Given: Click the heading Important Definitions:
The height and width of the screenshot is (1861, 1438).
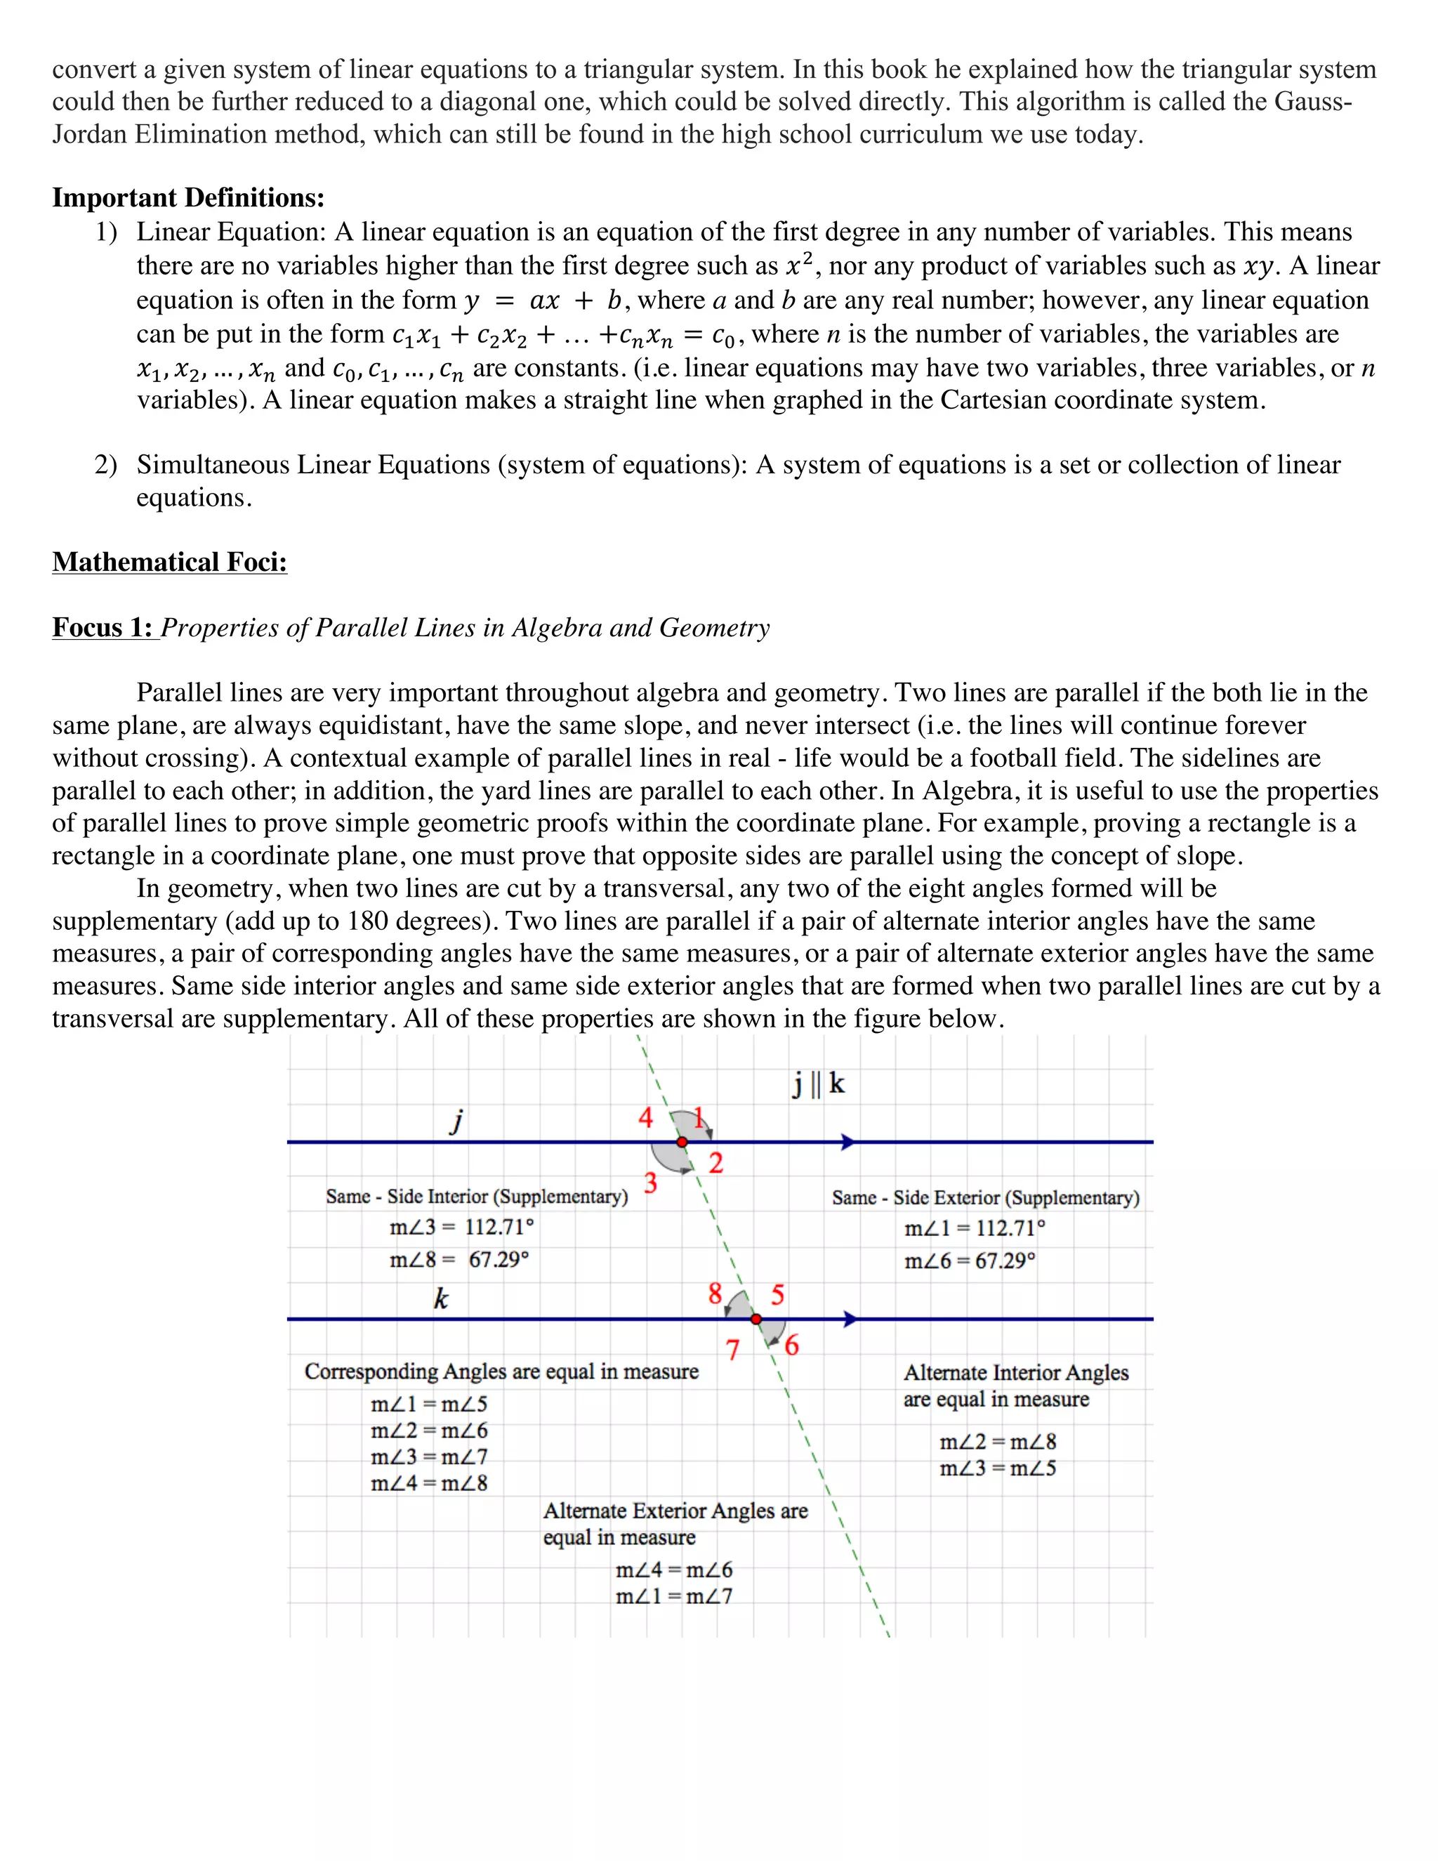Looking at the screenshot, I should pos(188,198).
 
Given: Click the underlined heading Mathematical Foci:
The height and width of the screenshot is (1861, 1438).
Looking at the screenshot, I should pos(169,563).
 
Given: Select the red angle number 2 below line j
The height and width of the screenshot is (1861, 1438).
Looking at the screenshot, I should pos(715,1163).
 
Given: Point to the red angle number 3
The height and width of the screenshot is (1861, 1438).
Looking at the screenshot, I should pos(651,1183).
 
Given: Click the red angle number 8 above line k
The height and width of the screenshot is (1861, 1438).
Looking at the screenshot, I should pos(715,1294).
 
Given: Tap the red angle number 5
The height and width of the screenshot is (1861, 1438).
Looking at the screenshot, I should pos(777,1295).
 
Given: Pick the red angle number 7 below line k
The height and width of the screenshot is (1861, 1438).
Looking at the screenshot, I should pos(732,1350).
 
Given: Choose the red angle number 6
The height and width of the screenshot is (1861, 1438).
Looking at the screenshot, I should pos(791,1346).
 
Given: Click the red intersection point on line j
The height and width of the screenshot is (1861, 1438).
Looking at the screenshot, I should pos(682,1142).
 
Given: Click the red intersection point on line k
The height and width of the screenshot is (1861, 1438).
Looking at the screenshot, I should pos(756,1319).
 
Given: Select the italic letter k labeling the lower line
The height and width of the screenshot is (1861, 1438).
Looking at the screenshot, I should pos(440,1298).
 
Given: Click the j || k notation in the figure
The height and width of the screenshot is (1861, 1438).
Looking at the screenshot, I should pos(818,1084).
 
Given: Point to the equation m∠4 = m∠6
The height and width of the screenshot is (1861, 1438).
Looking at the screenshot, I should pos(674,1570).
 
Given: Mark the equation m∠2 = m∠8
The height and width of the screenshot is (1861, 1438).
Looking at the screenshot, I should pos(998,1442).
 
